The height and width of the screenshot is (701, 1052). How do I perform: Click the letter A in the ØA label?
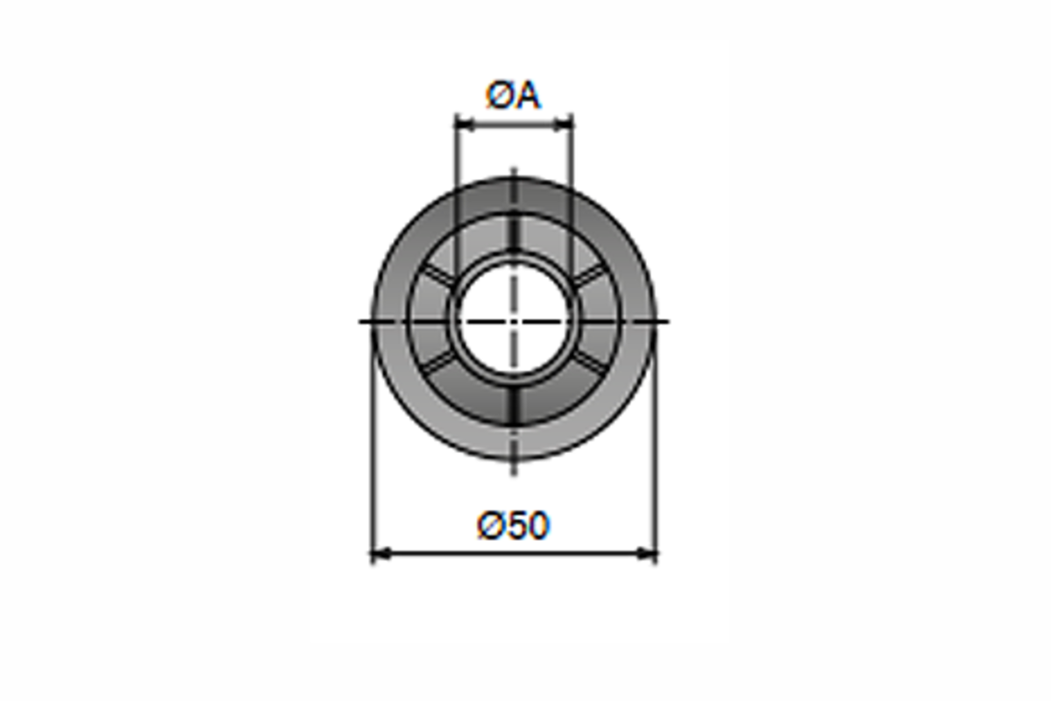pyautogui.click(x=525, y=96)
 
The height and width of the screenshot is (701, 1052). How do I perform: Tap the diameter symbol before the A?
pyautogui.click(x=498, y=96)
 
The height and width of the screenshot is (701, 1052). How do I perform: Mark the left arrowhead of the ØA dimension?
pyautogui.click(x=464, y=124)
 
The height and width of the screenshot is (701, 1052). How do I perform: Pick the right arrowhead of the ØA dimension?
pyautogui.click(x=564, y=124)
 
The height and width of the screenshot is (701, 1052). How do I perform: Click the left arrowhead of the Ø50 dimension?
pyautogui.click(x=380, y=554)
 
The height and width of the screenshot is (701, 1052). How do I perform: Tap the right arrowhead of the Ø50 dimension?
pyautogui.click(x=647, y=554)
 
